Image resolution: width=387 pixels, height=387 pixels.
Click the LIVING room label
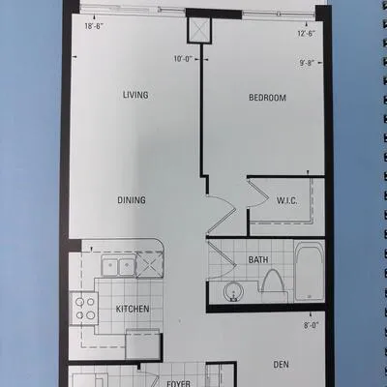pyautogui.click(x=135, y=95)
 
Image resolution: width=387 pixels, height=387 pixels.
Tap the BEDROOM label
pyautogui.click(x=267, y=98)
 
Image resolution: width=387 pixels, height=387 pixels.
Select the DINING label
pyautogui.click(x=132, y=200)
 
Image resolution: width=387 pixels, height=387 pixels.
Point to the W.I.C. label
pyautogui.click(x=286, y=201)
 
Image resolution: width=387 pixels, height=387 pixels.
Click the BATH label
pyautogui.click(x=258, y=259)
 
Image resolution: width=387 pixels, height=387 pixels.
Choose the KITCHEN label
pyautogui.click(x=133, y=309)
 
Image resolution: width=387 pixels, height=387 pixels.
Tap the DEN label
pyautogui.click(x=281, y=365)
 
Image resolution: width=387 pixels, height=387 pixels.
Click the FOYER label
pyautogui.click(x=178, y=383)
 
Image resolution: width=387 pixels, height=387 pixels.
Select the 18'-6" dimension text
pyautogui.click(x=94, y=26)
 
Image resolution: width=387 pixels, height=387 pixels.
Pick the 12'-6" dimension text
pyautogui.click(x=306, y=33)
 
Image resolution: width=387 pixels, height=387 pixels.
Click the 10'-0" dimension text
pyautogui.click(x=183, y=59)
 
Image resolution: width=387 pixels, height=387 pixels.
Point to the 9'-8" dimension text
pyautogui.click(x=307, y=63)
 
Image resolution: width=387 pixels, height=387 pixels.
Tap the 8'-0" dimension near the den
pyautogui.click(x=311, y=325)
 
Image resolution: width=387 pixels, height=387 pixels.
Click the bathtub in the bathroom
pyautogui.click(x=310, y=271)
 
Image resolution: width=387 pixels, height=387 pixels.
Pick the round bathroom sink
pyautogui.click(x=233, y=291)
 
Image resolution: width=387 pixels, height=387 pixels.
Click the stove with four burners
pyautogui.click(x=84, y=309)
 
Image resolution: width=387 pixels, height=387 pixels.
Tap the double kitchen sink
pyautogui.click(x=119, y=266)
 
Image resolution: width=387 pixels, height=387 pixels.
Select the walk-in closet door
pyautogui.click(x=257, y=194)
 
